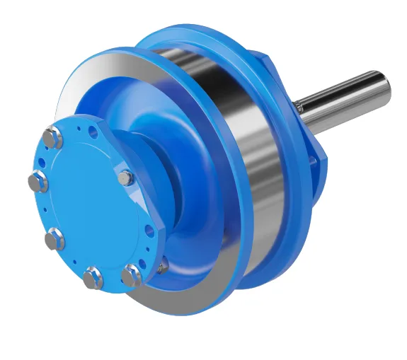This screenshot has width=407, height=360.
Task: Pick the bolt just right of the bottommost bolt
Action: pos(130,274)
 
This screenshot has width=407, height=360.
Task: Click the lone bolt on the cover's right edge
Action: pos(125,178)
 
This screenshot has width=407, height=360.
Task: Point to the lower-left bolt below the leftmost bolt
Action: pos(55,240)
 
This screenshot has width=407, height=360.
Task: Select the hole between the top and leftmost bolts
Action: pos(41,161)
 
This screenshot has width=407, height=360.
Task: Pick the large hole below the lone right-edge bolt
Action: pos(149,231)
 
